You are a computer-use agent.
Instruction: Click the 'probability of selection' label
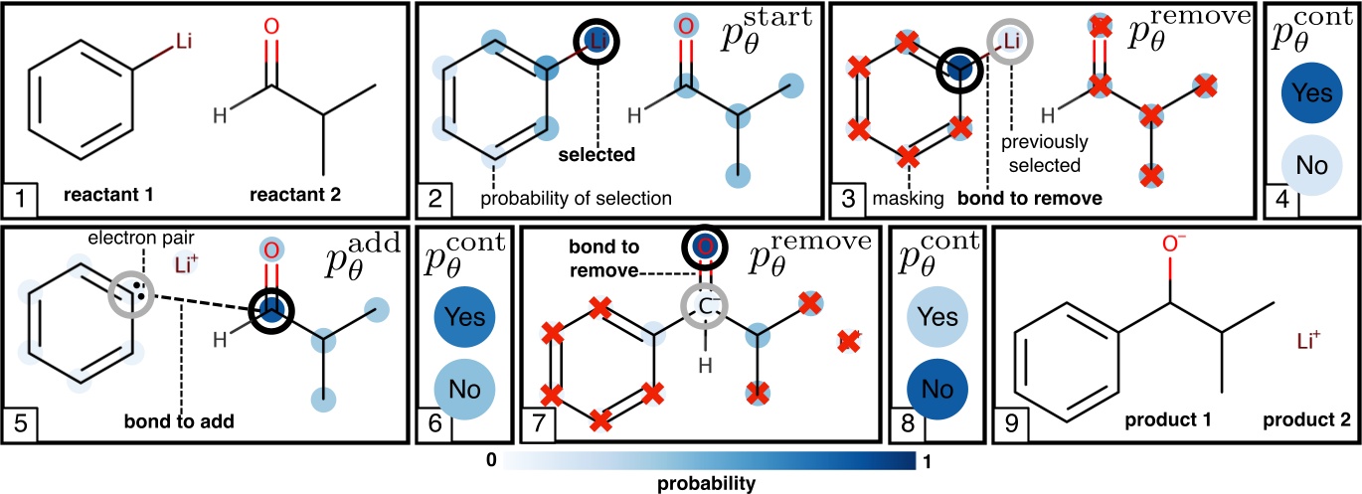576,198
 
